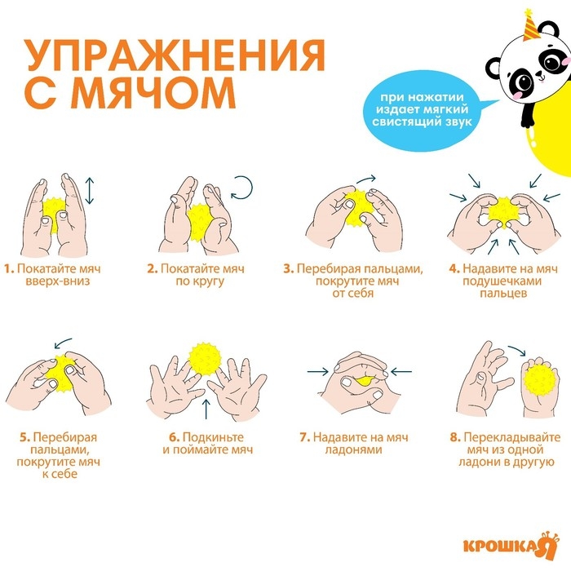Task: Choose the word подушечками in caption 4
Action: click(x=496, y=281)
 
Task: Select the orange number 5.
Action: click(x=24, y=437)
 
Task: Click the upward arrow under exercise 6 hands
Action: click(x=206, y=407)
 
